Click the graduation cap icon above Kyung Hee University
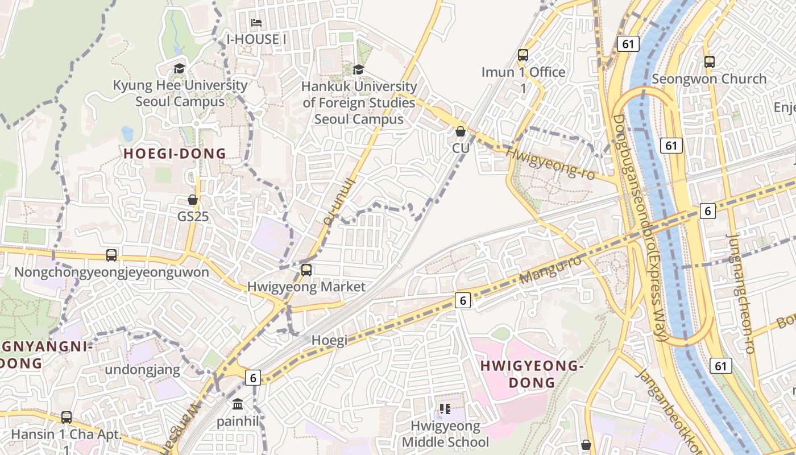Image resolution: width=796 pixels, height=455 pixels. (x=180, y=69)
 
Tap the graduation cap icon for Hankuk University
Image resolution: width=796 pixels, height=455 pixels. (x=358, y=69)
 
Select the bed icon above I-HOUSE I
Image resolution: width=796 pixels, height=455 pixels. (x=256, y=23)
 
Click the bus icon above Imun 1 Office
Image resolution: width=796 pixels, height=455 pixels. (x=523, y=55)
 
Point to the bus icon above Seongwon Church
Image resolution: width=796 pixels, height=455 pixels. (x=710, y=62)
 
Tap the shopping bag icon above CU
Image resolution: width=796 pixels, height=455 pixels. (x=461, y=131)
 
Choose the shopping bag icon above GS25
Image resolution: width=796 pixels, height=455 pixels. (x=193, y=200)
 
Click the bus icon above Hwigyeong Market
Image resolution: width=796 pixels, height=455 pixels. (x=306, y=270)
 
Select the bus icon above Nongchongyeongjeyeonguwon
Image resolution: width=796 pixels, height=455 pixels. (x=111, y=255)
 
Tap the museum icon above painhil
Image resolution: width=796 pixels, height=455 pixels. (x=238, y=404)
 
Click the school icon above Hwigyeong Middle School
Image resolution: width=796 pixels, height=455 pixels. (x=445, y=408)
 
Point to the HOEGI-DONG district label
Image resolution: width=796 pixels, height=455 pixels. (x=175, y=154)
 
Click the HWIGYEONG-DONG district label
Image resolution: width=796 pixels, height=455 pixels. (x=532, y=374)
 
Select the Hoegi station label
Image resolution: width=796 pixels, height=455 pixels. (x=329, y=340)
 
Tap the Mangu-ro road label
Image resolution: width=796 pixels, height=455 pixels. (x=551, y=270)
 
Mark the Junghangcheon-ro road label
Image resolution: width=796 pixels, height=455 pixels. (x=741, y=293)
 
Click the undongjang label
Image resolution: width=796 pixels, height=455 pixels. (x=142, y=370)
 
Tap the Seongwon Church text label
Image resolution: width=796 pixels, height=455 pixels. (x=709, y=79)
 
